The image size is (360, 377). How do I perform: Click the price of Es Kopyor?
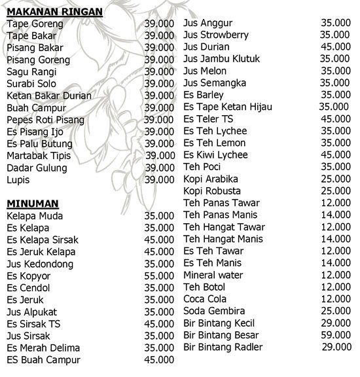(160, 276)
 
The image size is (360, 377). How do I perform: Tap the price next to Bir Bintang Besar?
(335, 334)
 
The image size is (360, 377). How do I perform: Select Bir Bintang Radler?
(223, 347)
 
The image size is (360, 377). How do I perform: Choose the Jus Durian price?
(335, 46)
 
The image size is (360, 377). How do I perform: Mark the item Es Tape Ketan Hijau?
(228, 107)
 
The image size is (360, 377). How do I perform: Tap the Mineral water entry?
(213, 275)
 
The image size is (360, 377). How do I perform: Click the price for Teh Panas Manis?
(335, 215)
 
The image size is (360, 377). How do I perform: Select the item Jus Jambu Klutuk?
(223, 59)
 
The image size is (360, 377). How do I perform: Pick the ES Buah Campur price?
(160, 359)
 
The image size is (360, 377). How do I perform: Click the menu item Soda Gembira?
(215, 311)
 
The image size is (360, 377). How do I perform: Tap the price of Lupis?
(160, 179)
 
